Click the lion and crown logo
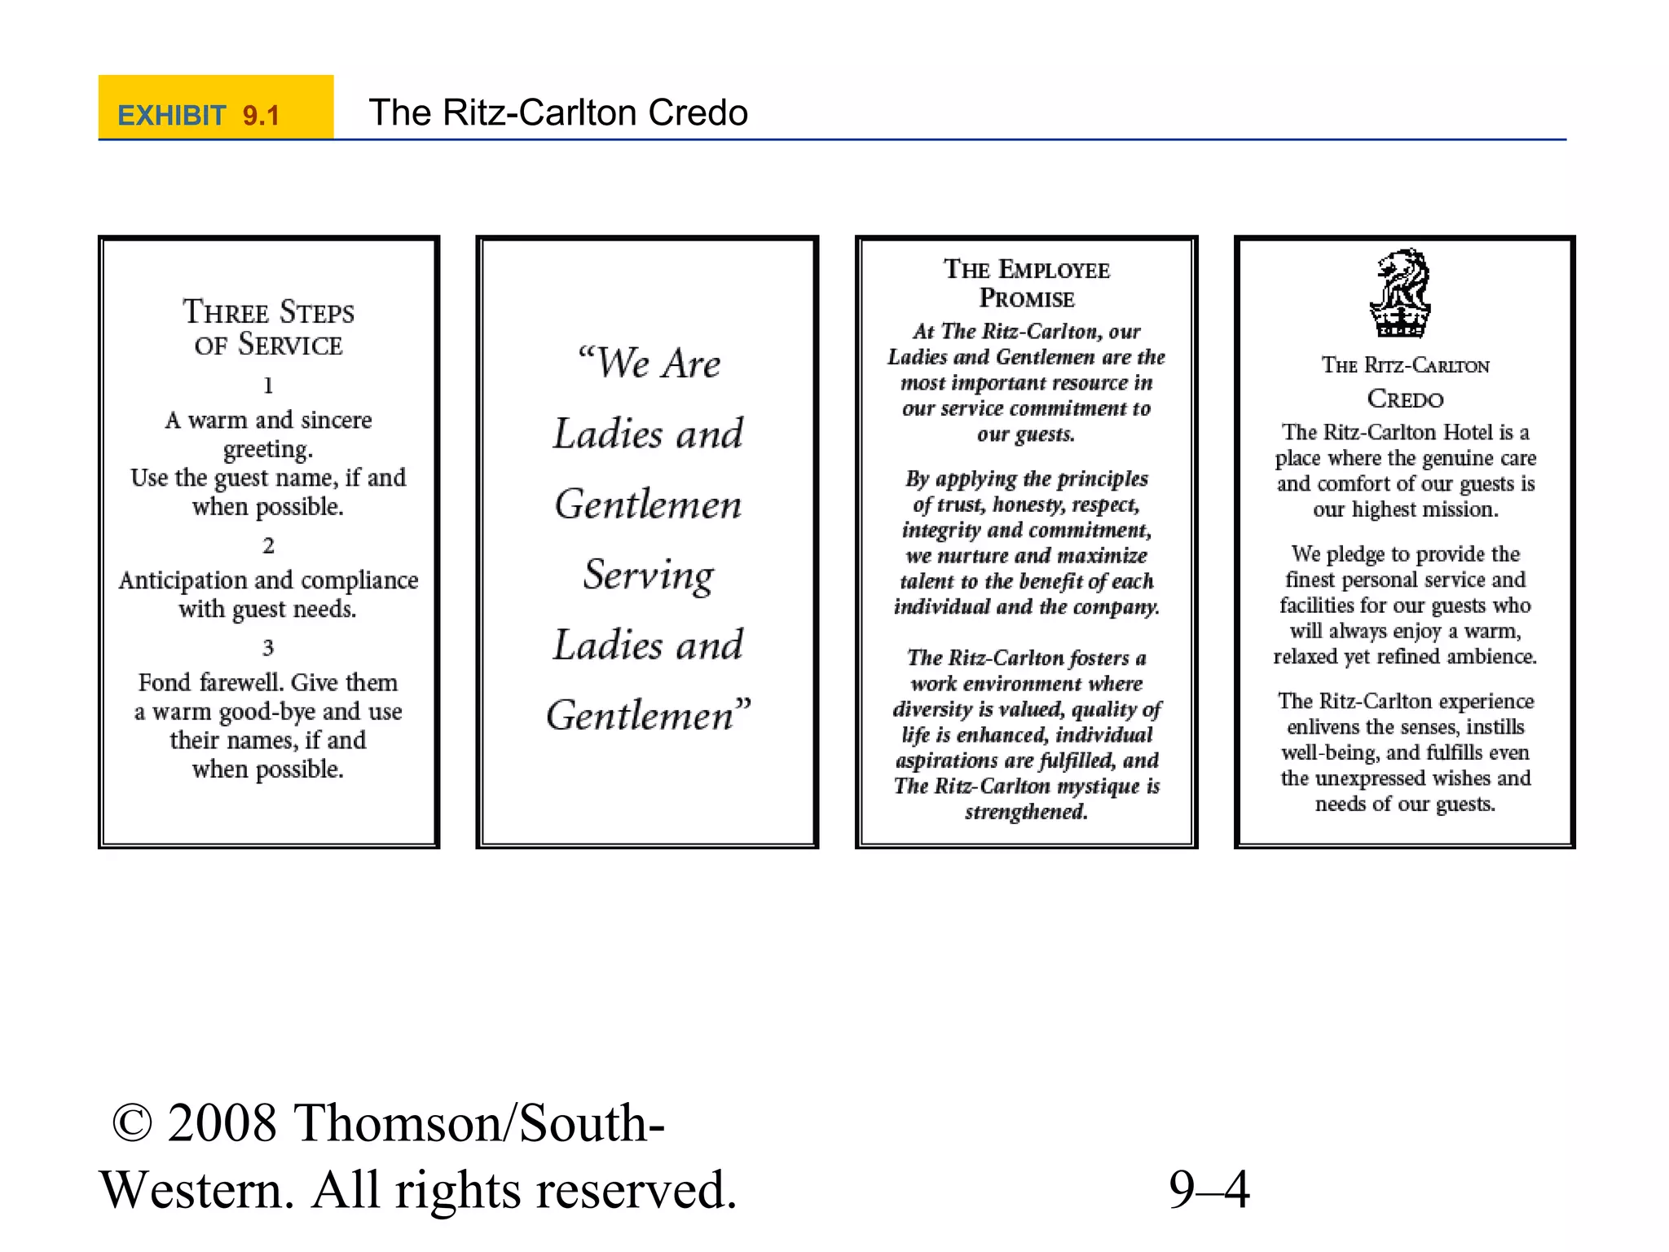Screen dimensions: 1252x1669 click(x=1401, y=293)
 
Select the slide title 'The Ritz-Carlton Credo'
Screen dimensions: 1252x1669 click(x=558, y=112)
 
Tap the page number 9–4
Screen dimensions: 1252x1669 click(x=1209, y=1189)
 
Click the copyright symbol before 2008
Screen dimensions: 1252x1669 click(x=132, y=1123)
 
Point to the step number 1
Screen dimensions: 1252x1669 click(x=268, y=386)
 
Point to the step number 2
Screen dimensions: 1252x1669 click(x=268, y=545)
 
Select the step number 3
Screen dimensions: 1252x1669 click(x=268, y=648)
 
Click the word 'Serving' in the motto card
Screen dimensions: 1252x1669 click(x=649, y=575)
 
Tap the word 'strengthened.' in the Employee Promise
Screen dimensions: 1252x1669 click(x=1026, y=812)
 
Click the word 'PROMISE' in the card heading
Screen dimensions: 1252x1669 click(x=1027, y=299)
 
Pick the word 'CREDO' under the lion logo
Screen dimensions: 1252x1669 click(x=1405, y=399)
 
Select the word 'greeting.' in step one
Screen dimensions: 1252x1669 click(x=268, y=449)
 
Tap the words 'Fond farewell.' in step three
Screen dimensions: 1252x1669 click(x=211, y=682)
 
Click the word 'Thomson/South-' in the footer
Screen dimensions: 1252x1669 click(x=478, y=1123)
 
